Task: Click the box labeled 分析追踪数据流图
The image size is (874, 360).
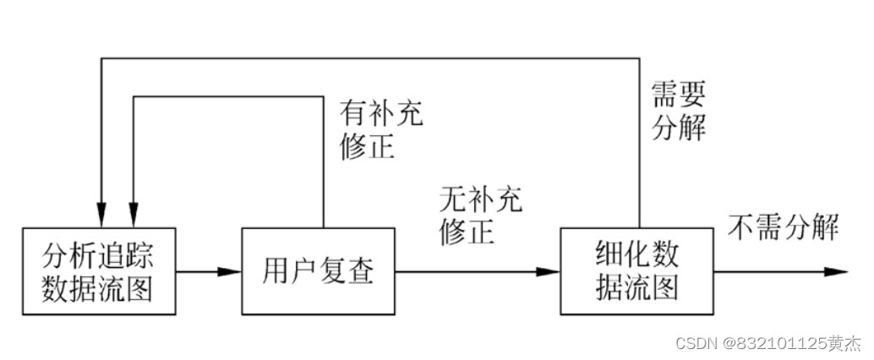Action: coord(100,271)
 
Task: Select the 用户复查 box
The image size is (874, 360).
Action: coord(318,271)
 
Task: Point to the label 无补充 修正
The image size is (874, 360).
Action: coord(481,215)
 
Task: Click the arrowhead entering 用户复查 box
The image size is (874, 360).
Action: coord(231,272)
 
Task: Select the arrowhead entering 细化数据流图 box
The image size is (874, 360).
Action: coord(549,272)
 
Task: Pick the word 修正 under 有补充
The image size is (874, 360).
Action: coord(367,146)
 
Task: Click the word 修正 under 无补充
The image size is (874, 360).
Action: coord(467,232)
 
